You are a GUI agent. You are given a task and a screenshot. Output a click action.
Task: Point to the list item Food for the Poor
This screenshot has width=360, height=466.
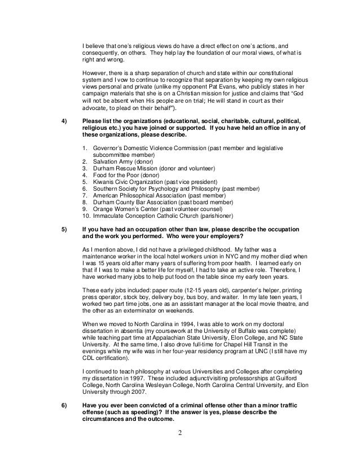click(114, 175)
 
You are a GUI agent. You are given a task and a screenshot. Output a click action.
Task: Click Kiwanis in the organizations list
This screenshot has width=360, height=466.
click(102, 183)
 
